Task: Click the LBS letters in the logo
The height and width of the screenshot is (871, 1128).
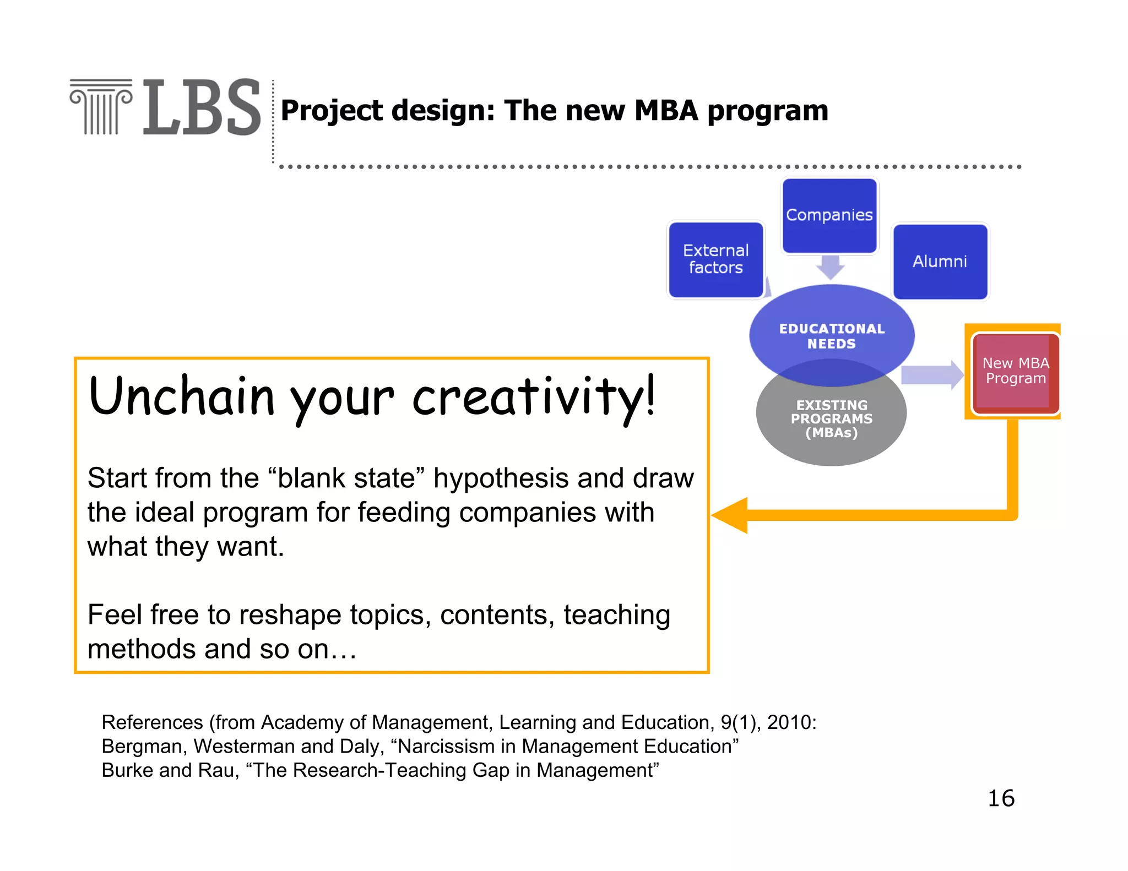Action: (202, 107)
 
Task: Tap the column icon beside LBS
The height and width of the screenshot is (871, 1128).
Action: (101, 107)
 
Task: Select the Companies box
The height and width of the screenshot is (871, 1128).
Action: (829, 215)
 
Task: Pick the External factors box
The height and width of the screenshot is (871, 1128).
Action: (715, 259)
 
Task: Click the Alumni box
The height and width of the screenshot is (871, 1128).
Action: (940, 262)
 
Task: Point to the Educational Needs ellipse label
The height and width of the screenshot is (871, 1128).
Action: (832, 336)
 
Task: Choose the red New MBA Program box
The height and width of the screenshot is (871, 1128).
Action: (1015, 372)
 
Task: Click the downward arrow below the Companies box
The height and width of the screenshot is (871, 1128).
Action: (830, 268)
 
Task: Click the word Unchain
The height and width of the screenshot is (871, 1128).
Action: (181, 396)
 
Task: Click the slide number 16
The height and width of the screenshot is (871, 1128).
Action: (1001, 798)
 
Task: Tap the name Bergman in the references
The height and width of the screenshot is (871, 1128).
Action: (144, 747)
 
